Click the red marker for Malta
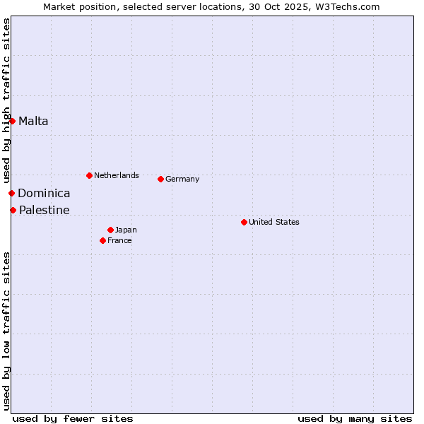12,121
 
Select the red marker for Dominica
11,193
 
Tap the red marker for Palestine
13,210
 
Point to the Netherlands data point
89,175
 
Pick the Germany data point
160,179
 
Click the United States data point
244,222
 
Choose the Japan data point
110,230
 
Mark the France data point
102,240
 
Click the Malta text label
33,121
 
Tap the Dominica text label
44,193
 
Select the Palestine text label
44,210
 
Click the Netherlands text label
117,175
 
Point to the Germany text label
182,179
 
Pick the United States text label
274,222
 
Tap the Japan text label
126,230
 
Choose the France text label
119,240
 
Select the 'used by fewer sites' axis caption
73,418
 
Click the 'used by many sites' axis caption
355,418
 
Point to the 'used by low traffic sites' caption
6,331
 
